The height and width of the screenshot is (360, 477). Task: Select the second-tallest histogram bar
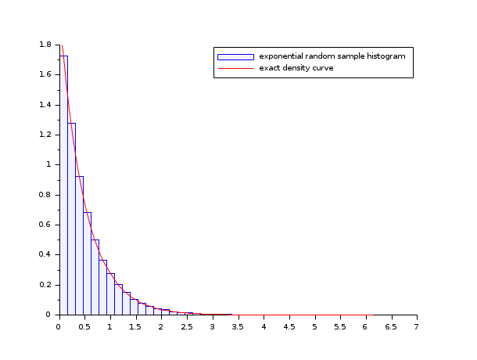click(71, 218)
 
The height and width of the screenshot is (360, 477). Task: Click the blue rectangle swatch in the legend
click(235, 56)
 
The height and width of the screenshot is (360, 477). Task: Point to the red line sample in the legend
click(235, 68)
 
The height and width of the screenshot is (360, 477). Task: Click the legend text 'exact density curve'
click(296, 68)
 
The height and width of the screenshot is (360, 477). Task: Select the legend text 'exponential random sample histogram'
click(332, 56)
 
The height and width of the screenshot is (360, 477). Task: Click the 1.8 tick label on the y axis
click(46, 45)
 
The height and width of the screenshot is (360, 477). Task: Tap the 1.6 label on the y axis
click(46, 74)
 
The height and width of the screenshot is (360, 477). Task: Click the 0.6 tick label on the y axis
click(46, 225)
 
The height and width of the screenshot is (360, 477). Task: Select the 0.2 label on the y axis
click(46, 285)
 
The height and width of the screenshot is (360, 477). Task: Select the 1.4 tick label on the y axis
click(46, 105)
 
